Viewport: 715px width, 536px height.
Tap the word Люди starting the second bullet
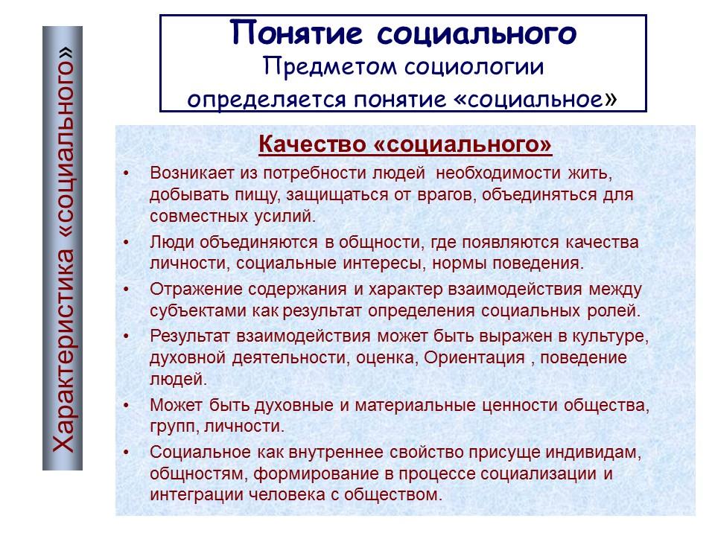(x=170, y=243)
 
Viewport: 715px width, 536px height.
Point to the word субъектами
(x=190, y=310)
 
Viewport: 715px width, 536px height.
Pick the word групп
(x=169, y=427)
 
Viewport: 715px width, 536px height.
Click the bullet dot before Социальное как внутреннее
(x=127, y=453)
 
